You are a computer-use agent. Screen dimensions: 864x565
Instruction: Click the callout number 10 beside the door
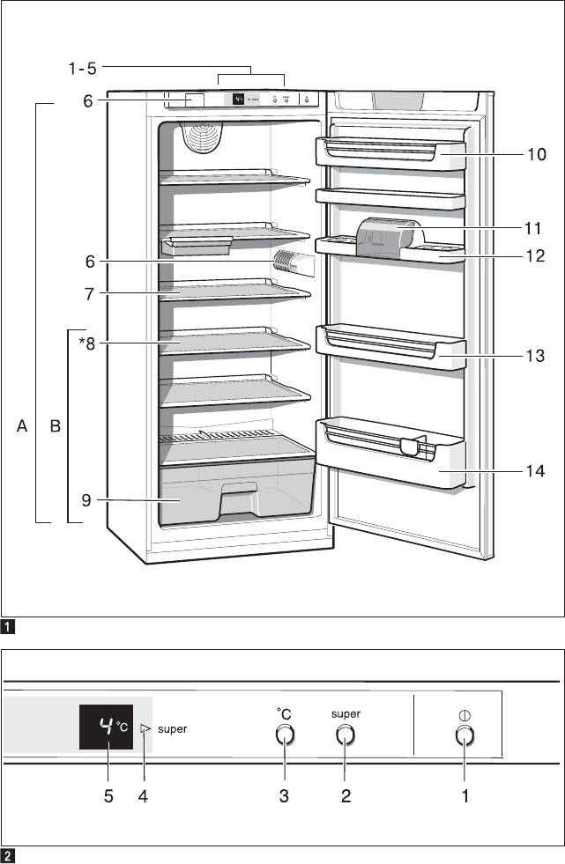[x=537, y=155]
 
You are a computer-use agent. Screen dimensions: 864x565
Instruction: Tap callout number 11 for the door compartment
[x=532, y=228]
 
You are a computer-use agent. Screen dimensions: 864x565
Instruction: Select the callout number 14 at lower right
[x=535, y=471]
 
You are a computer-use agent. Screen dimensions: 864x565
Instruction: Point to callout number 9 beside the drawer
[x=86, y=501]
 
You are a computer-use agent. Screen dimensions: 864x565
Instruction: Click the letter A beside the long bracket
[x=23, y=427]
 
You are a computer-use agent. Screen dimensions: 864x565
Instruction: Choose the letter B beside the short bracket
[x=56, y=427]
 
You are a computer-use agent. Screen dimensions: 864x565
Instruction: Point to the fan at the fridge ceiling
[x=203, y=137]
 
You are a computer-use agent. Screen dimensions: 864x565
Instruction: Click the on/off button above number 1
[x=465, y=737]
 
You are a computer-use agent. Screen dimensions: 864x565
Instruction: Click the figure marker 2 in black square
[x=8, y=855]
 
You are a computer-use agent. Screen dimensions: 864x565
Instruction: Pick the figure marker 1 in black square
[x=8, y=628]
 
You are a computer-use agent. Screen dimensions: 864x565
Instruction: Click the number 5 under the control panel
[x=108, y=796]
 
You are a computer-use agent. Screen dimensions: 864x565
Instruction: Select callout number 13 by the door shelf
[x=535, y=356]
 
